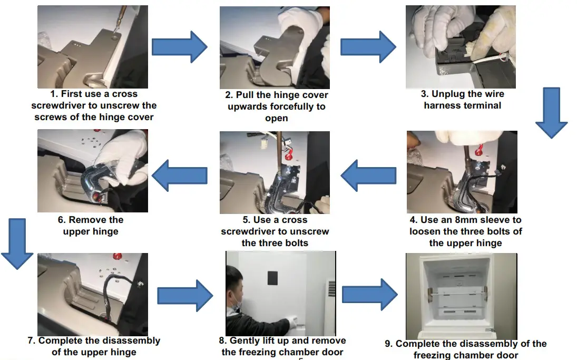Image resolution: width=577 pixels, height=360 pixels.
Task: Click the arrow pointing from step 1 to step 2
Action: coord(179,46)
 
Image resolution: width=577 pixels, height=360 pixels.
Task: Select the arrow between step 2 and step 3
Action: coord(368,46)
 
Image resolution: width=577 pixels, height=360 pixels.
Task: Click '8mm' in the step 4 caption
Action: coord(458,220)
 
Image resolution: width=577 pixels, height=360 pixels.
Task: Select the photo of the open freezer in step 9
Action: coord(461,295)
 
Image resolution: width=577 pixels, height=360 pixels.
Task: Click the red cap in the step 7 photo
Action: coord(116,257)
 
